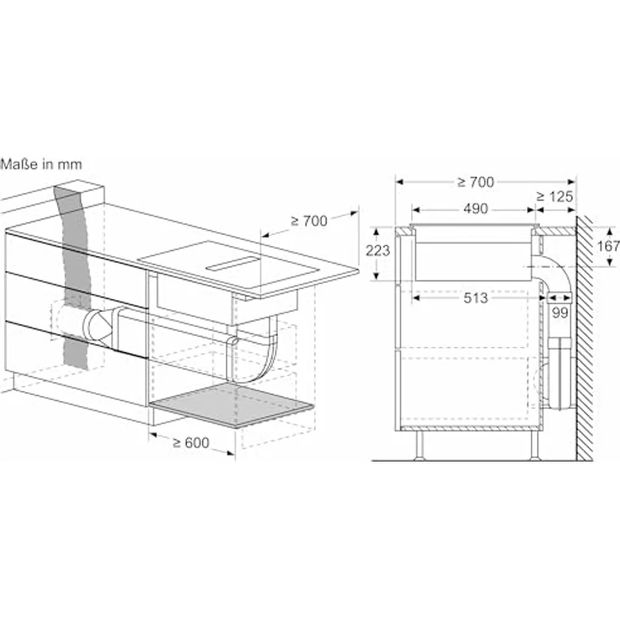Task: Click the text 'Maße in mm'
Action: pos(41,164)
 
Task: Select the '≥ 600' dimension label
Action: pos(191,443)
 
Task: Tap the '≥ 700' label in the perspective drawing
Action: pos(309,221)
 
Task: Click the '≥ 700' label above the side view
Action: pos(476,182)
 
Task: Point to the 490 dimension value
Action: pos(475,208)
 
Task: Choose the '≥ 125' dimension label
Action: pos(555,196)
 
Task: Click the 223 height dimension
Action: pos(377,250)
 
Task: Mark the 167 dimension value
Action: pos(607,246)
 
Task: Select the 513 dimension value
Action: pos(475,297)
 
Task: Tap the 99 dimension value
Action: pos(560,313)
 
